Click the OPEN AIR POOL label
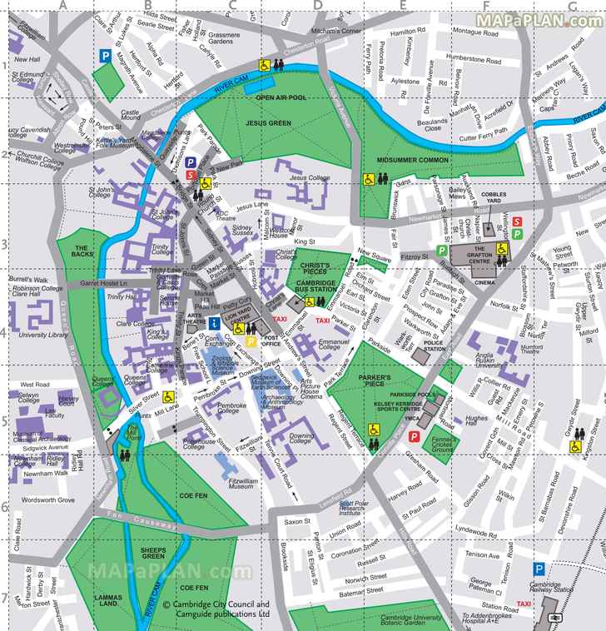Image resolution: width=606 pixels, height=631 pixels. (x=281, y=97)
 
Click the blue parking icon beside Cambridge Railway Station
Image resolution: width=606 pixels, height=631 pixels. (x=540, y=569)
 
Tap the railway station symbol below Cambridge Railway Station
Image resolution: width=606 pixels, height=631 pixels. (x=552, y=617)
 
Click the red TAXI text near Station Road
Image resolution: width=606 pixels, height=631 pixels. (x=523, y=604)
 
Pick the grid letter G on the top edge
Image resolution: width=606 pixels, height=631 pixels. (x=572, y=7)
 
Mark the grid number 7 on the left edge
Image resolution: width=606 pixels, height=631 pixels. (x=5, y=598)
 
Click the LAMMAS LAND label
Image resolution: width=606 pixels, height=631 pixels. (x=107, y=603)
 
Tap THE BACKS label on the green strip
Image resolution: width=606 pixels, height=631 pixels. (x=82, y=248)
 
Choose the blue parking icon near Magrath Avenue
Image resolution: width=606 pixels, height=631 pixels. (x=106, y=56)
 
